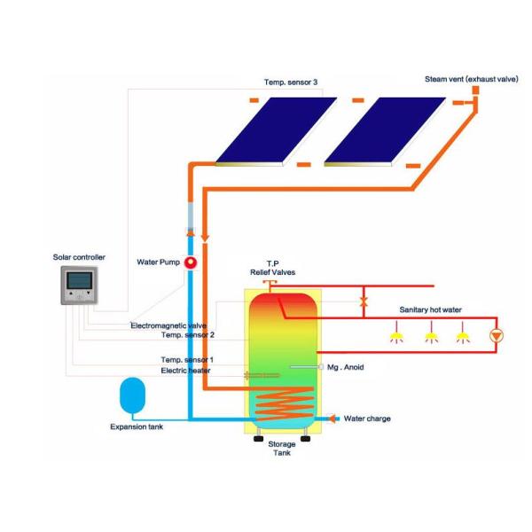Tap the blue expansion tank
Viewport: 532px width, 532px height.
point(132,394)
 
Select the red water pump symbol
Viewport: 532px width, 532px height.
point(191,262)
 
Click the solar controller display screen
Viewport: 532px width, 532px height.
point(78,282)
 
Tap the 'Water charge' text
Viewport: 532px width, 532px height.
point(367,419)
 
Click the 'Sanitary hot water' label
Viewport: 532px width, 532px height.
point(426,309)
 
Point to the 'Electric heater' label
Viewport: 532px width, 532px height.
point(187,371)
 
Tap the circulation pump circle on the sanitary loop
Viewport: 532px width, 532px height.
point(497,336)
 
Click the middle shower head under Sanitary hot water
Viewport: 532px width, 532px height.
point(431,337)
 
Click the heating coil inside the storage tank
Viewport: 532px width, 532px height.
point(281,399)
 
